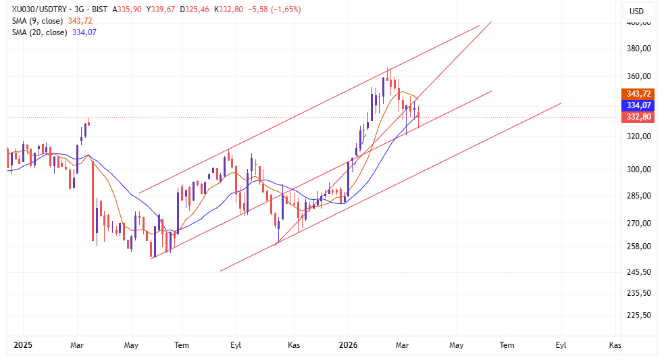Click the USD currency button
637,11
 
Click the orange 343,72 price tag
638,94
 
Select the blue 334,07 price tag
638,105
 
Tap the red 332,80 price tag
638,117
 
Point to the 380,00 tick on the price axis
638,49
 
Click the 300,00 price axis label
638,170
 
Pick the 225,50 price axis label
638,315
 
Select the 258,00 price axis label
638,247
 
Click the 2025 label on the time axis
23,345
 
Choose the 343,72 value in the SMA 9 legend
80,21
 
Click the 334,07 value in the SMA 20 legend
84,32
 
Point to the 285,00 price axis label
638,196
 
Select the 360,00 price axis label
638,76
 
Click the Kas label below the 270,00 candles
295,345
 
